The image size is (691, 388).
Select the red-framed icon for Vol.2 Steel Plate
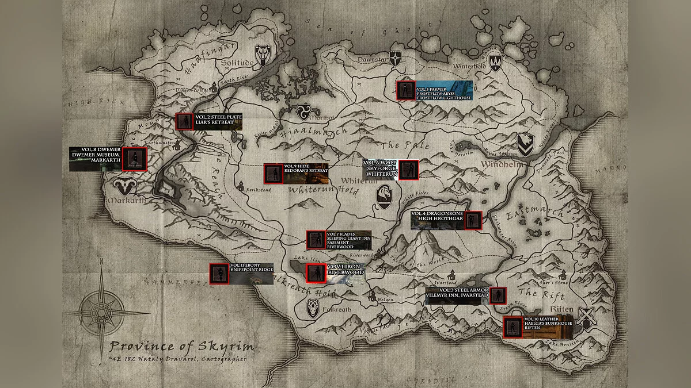[x=184, y=121]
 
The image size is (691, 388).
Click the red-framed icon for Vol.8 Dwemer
[x=135, y=159]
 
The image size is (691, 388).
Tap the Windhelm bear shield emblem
[x=524, y=144]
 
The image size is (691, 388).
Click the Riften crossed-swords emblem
[x=588, y=317]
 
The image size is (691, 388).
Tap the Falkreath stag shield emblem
[x=313, y=308]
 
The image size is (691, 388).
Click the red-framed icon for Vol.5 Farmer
[x=406, y=90]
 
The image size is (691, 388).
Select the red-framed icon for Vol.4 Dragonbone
[x=473, y=220]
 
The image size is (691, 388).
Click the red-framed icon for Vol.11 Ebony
[x=218, y=273]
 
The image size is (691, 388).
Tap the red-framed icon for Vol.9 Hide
[x=273, y=173]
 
